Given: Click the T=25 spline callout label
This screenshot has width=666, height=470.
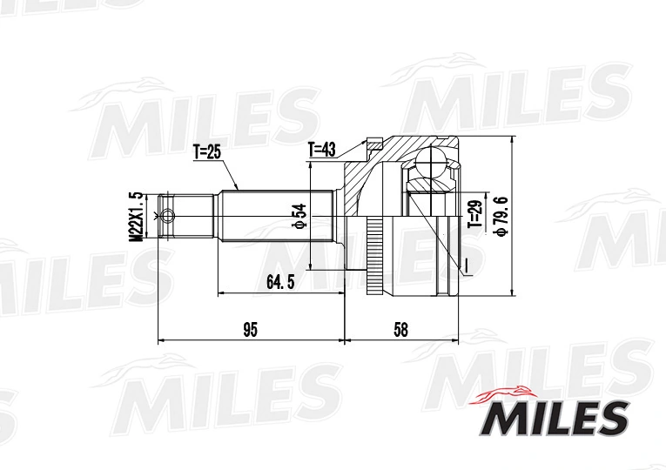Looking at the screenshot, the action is pos(207,152).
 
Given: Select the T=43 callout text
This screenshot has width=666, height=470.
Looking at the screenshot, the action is pos(322,150).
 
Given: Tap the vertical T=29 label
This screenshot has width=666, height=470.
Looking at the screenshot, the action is pos(476,214).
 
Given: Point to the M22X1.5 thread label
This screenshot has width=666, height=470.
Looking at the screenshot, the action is pos(136,217).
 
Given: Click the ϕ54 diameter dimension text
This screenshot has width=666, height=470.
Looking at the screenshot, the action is pos(299,217).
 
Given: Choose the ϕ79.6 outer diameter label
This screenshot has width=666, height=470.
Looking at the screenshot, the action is pos(501,216).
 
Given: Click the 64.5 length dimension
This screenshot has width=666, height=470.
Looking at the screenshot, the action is pos(280,282).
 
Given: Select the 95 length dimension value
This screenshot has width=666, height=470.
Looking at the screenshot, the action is pos(251,330).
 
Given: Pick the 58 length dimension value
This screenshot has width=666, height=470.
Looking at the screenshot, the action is pos(400,330).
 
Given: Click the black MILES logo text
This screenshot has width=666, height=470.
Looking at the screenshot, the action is pos(555,419).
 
